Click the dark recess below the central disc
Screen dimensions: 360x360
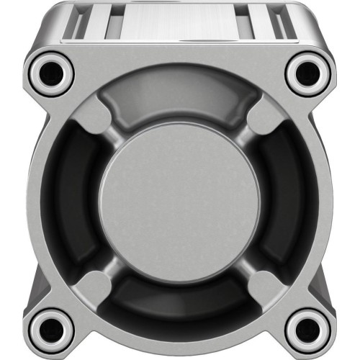179,302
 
